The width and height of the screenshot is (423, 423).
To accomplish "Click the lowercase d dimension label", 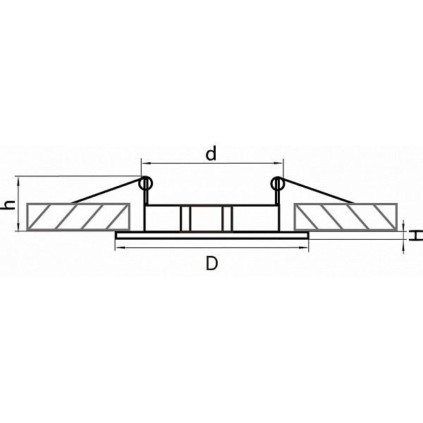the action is (x=211, y=153).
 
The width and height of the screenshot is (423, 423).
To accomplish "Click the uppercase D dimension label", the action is (x=211, y=263).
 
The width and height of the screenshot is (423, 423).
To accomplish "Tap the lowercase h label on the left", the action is (x=8, y=205).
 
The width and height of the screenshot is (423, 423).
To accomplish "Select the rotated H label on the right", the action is (x=416, y=235).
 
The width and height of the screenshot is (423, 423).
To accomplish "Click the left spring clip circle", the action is (x=145, y=184).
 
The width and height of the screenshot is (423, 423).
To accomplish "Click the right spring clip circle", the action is (x=278, y=184).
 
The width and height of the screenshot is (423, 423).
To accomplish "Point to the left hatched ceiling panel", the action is (x=78, y=217).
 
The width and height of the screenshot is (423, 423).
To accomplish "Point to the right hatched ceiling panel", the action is (x=345, y=217).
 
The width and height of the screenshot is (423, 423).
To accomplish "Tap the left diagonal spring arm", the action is (x=107, y=190).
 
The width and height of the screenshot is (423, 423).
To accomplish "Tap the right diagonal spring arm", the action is (x=317, y=190).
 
